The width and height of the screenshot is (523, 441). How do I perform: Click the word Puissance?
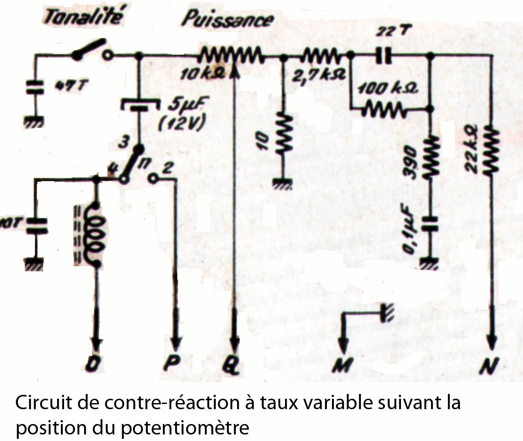point(228,20)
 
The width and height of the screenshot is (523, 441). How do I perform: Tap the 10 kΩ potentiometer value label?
point(202,74)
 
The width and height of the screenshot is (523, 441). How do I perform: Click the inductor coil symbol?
point(96,233)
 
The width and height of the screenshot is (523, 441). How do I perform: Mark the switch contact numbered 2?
point(153,178)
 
